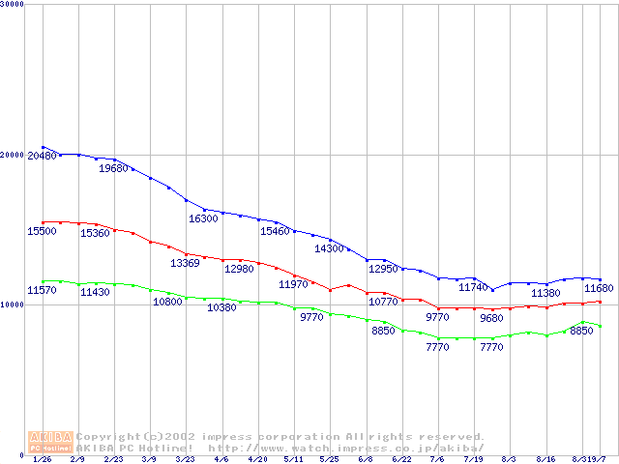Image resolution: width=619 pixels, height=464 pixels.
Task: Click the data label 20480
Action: click(42, 157)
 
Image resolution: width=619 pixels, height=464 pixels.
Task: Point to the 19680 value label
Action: click(113, 168)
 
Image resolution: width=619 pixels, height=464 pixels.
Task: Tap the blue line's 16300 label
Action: click(203, 218)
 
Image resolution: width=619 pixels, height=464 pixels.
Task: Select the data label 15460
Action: click(275, 232)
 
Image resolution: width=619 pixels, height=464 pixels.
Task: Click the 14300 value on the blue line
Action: click(330, 248)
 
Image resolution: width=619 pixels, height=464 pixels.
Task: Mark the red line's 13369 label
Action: click(185, 263)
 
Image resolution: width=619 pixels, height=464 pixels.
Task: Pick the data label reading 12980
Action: click(239, 269)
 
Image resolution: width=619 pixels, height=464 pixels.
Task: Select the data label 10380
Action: click(221, 307)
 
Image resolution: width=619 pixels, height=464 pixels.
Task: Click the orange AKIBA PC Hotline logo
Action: click(50, 442)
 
